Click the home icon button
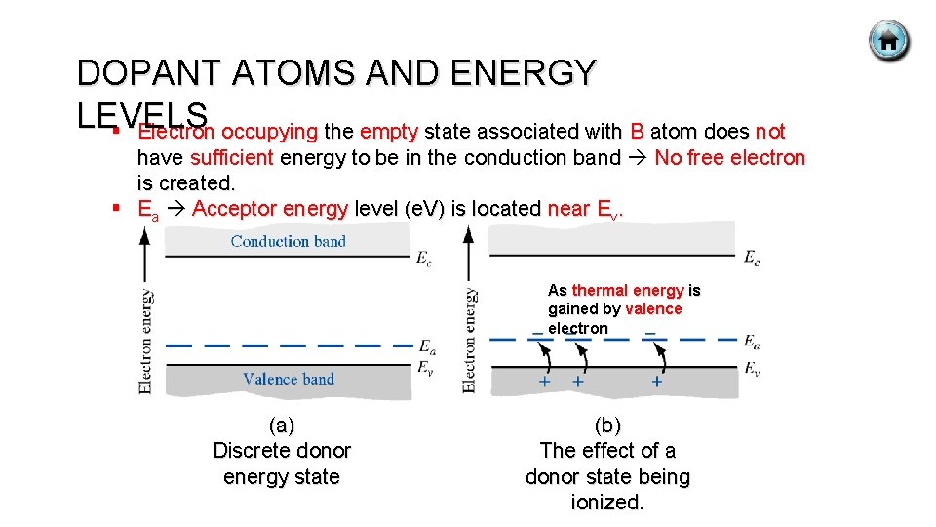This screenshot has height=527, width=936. pos(888,42)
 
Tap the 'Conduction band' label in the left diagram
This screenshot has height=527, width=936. pos(288,241)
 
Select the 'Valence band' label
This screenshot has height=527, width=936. pos(289,379)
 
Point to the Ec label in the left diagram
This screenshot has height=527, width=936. pos(424,259)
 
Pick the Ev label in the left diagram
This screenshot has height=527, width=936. pos(426,367)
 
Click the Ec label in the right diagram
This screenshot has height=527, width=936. pos(752,258)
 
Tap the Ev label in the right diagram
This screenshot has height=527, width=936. pos(752,368)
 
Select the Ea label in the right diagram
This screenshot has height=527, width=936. pos(752,341)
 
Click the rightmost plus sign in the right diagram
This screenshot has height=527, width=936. pos(656,383)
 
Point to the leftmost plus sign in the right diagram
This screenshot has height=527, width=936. pos(544,382)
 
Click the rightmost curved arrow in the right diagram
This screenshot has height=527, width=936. pos(659,358)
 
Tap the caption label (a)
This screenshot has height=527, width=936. pos(281,426)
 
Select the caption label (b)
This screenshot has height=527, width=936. pos(606,426)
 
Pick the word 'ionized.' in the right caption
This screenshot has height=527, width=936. pos(607,504)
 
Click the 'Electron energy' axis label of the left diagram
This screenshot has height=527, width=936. pos(147,341)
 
